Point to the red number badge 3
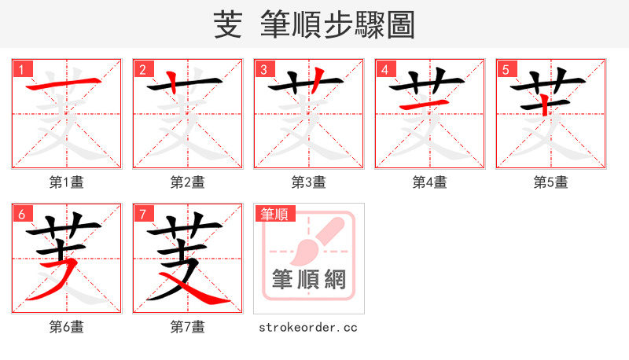[x=264, y=69]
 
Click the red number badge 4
[x=385, y=69]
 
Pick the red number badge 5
[x=506, y=69]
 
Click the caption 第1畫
[x=67, y=182]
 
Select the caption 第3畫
[x=309, y=182]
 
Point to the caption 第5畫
[x=550, y=182]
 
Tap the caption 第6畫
[x=67, y=327]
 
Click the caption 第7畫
[x=188, y=327]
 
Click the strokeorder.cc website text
[x=308, y=327]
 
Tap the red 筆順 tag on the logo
[x=274, y=214]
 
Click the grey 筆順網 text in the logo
[x=308, y=279]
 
